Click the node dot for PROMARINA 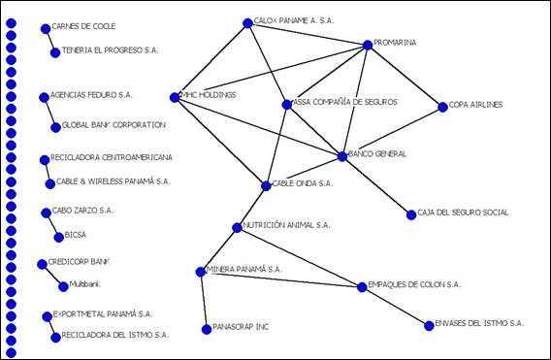(368, 45)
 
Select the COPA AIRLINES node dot (442, 107)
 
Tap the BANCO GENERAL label (376, 153)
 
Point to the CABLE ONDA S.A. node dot (267, 185)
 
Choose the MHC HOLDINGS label (208, 94)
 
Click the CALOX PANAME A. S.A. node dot (246, 22)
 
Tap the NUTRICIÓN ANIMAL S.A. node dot (237, 228)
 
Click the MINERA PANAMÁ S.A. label (244, 268)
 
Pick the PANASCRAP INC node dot (207, 330)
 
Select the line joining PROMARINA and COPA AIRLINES (405, 76)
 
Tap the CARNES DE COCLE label (83, 26)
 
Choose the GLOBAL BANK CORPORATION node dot (55, 127)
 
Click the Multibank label (86, 283)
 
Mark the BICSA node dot (57, 236)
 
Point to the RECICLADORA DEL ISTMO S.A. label (114, 335)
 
